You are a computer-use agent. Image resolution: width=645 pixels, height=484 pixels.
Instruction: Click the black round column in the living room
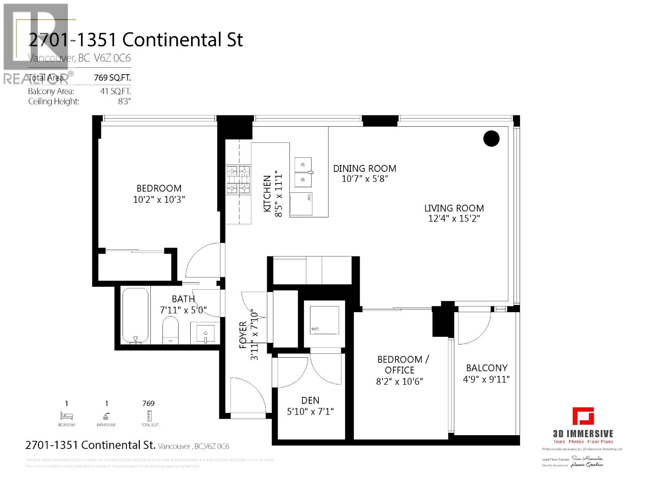(x=491, y=139)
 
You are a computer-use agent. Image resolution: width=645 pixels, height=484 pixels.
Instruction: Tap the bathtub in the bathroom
(x=135, y=315)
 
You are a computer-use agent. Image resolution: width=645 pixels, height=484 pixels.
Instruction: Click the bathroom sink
(x=206, y=334)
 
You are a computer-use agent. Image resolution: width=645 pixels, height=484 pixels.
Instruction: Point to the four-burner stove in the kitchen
(x=238, y=179)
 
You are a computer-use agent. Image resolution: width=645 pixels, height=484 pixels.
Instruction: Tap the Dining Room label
(x=364, y=169)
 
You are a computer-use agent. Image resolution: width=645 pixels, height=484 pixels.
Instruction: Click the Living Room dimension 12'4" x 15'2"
(x=454, y=219)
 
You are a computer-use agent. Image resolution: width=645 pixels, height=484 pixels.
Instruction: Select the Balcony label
(x=487, y=368)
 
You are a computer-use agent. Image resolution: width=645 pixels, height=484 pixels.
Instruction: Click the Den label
(x=310, y=401)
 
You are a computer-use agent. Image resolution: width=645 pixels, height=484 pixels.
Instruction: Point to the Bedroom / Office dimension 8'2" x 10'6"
(x=399, y=382)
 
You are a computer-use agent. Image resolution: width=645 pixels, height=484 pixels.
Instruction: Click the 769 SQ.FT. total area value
(x=112, y=77)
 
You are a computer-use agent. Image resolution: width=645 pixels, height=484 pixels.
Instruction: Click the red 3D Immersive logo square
(x=583, y=416)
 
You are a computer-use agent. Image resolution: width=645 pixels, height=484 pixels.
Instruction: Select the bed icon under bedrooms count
(x=67, y=415)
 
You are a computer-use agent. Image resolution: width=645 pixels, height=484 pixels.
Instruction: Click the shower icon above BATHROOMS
(x=106, y=416)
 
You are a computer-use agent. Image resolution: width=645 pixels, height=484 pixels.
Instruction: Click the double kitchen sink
(x=303, y=172)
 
